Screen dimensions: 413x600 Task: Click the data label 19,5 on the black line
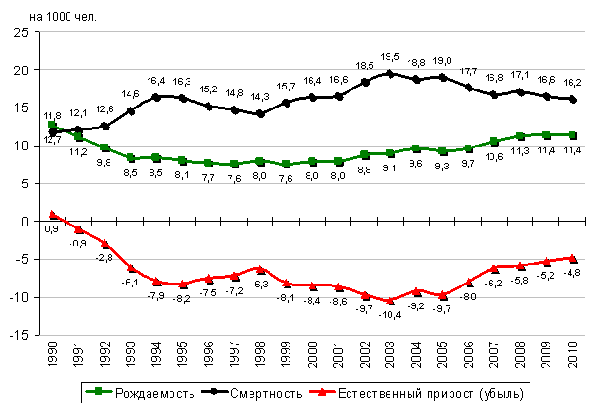point(390,57)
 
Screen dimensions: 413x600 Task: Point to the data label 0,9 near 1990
point(53,228)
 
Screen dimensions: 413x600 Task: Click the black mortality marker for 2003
point(389,73)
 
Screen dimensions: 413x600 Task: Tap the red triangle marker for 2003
point(389,300)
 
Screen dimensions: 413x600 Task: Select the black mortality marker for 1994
point(156,97)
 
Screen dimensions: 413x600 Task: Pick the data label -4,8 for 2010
point(571,272)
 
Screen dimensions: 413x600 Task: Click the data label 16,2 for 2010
point(573,82)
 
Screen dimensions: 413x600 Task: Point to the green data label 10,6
point(493,155)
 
